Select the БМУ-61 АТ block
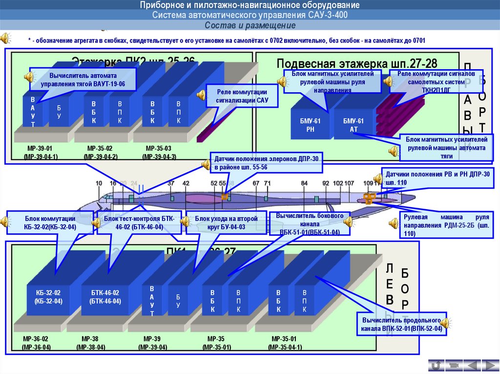354,125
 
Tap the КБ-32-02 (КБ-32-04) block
48,296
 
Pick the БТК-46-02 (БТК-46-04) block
105,296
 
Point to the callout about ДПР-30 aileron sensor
267,163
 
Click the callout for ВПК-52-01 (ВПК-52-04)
401,325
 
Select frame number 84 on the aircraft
305,183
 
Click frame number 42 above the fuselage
186,183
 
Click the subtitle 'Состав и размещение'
250,25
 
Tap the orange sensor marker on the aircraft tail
369,197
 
